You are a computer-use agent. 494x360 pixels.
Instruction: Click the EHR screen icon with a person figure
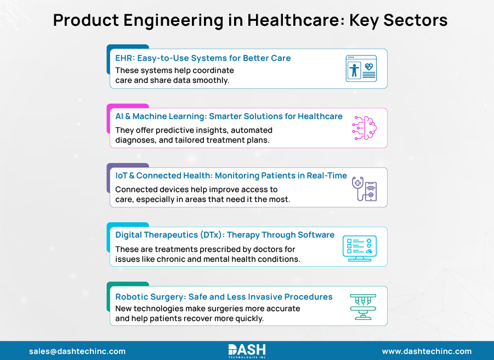pyautogui.click(x=361, y=69)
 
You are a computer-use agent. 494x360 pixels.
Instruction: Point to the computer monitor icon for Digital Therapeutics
pyautogui.click(x=359, y=248)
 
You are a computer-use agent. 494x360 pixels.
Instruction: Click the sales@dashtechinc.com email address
pyautogui.click(x=77, y=351)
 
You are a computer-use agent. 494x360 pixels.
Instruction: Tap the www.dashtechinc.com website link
pyautogui.click(x=427, y=351)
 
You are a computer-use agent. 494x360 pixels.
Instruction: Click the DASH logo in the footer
pyautogui.click(x=247, y=350)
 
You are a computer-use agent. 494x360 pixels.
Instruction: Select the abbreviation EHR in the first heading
pyautogui.click(x=124, y=58)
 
